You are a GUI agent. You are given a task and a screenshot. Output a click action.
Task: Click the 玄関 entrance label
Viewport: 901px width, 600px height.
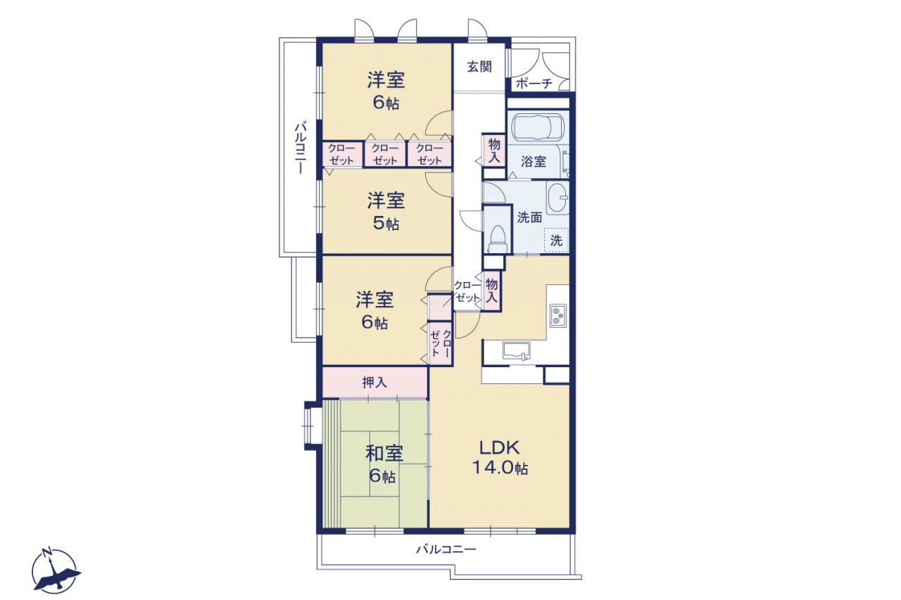click(x=479, y=66)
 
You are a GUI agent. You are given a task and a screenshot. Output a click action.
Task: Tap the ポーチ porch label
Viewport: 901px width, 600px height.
click(x=534, y=84)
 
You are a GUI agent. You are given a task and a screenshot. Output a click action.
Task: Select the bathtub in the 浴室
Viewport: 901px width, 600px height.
click(x=538, y=126)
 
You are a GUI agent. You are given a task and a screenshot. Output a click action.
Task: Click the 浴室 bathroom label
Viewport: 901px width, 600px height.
click(x=534, y=162)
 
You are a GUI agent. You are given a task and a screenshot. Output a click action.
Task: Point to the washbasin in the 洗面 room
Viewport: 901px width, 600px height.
click(x=557, y=198)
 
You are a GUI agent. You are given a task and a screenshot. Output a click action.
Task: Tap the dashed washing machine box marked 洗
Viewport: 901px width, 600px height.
click(x=556, y=241)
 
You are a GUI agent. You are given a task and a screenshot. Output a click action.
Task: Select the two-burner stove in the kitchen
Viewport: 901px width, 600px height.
click(x=558, y=315)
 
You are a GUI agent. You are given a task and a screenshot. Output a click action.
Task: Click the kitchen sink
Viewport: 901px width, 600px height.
click(x=516, y=350)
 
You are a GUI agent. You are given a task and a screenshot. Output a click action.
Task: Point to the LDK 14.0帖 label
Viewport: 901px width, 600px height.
click(x=500, y=457)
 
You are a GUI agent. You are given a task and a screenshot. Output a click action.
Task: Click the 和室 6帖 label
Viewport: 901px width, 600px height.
click(x=384, y=464)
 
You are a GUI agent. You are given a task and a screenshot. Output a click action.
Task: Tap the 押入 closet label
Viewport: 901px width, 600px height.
click(x=374, y=383)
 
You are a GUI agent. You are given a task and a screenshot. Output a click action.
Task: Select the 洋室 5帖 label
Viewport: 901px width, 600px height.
click(x=386, y=212)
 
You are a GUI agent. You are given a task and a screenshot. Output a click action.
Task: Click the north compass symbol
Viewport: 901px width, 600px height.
click(x=55, y=570)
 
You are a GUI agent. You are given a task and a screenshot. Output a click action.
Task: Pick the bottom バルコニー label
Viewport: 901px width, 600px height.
click(x=446, y=549)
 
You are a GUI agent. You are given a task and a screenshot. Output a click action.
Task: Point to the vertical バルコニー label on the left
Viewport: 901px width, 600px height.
click(x=301, y=148)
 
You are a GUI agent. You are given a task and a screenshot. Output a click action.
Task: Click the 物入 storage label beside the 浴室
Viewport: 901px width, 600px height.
click(x=494, y=151)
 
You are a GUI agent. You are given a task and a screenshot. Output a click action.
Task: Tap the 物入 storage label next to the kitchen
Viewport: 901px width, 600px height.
click(x=491, y=291)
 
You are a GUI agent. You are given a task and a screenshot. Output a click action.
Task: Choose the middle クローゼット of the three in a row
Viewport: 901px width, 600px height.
click(x=385, y=154)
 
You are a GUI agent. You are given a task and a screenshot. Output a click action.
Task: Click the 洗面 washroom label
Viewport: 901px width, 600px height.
click(x=529, y=217)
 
